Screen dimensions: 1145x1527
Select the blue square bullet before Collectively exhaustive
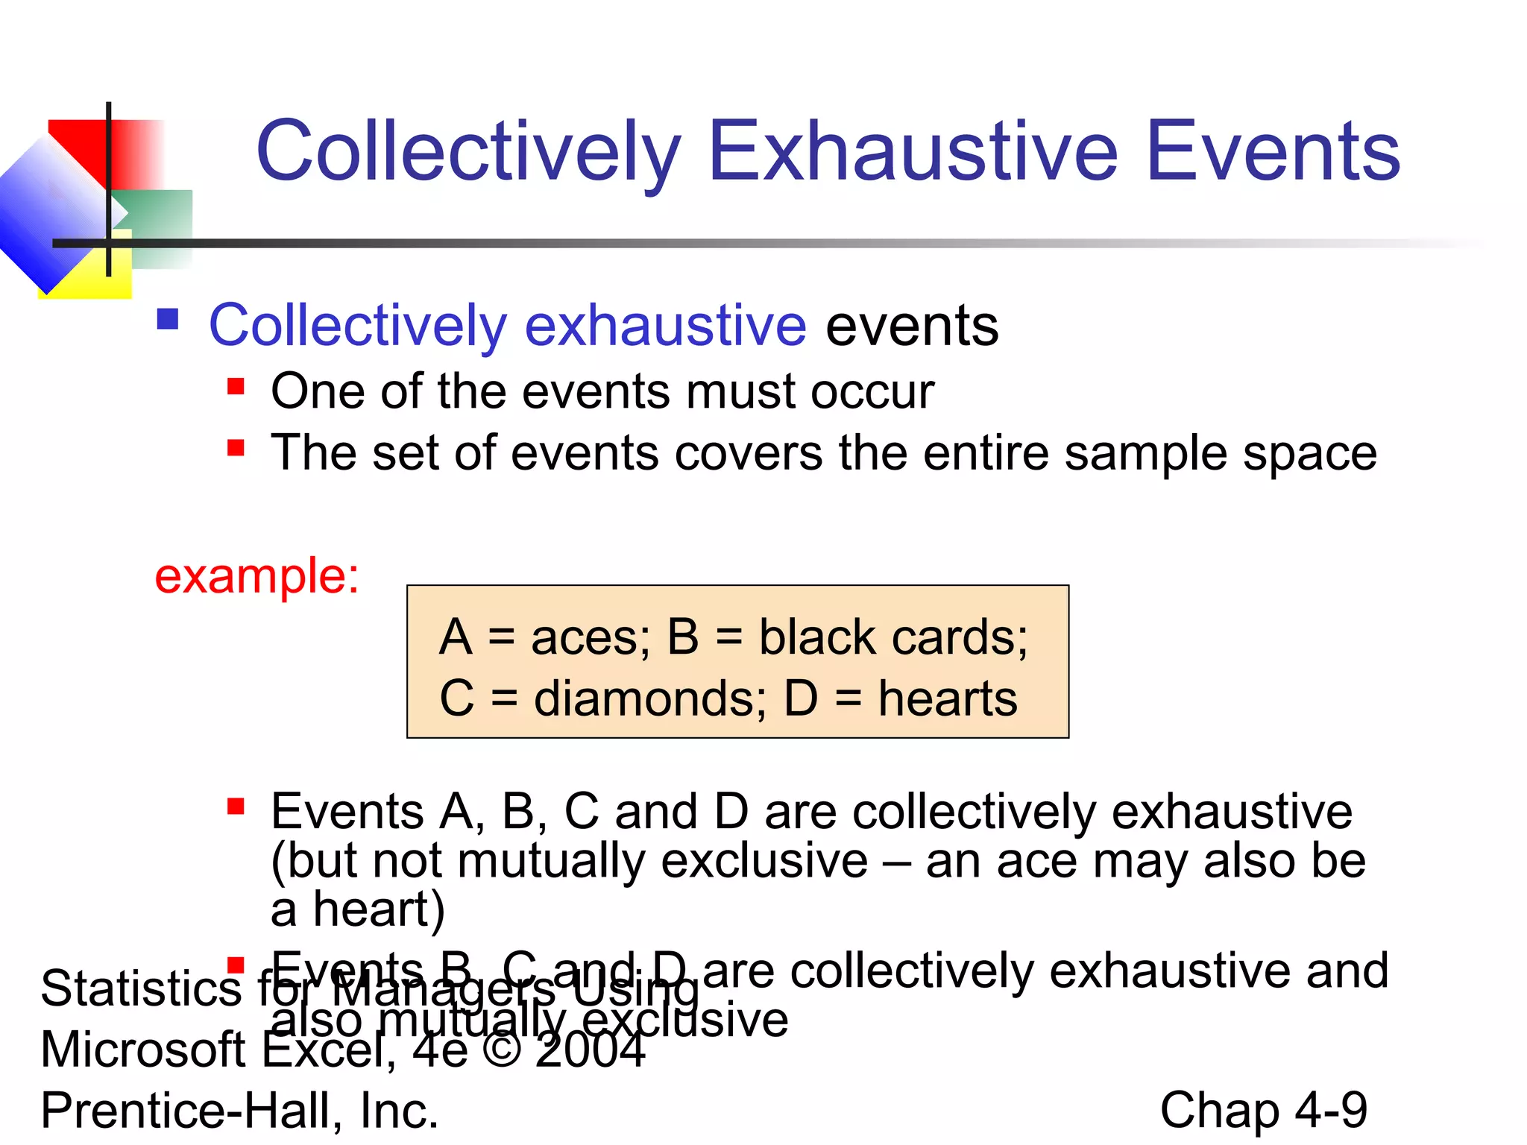[168, 320]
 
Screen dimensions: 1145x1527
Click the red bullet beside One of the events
[236, 386]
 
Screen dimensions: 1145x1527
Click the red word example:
[256, 576]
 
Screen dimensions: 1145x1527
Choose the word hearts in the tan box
[947, 699]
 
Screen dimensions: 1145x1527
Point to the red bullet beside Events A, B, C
[236, 806]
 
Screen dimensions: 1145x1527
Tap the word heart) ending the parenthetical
[379, 909]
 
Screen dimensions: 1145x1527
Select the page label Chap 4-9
[1263, 1111]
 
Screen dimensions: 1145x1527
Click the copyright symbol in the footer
[502, 1050]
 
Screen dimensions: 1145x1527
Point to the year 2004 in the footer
[590, 1050]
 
